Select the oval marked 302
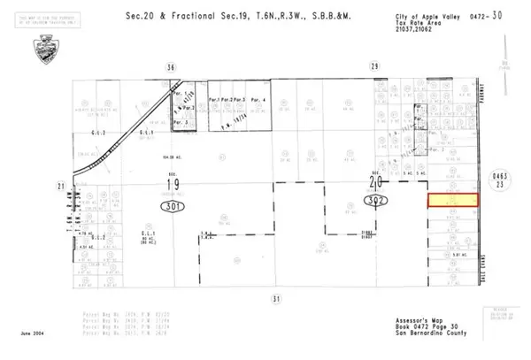pyautogui.click(x=374, y=203)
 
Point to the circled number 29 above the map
pyautogui.click(x=374, y=66)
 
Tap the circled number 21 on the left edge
pyautogui.click(x=60, y=186)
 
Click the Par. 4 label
pyautogui.click(x=258, y=100)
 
